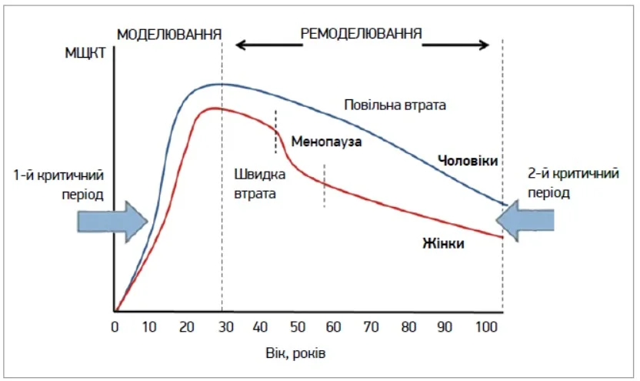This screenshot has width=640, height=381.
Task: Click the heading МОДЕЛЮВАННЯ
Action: (168, 35)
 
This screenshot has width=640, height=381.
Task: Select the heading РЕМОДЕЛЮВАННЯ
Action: (361, 34)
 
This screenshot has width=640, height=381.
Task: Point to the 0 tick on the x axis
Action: (115, 327)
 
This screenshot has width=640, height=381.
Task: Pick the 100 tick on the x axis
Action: (483, 327)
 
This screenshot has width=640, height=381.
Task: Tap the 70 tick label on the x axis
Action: (371, 327)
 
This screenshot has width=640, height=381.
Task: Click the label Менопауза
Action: (326, 142)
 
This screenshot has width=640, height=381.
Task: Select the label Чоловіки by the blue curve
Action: (468, 161)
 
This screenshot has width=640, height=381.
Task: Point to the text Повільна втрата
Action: (395, 105)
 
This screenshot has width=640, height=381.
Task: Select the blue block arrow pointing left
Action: (528, 220)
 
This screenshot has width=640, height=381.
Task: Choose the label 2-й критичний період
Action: (572, 184)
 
